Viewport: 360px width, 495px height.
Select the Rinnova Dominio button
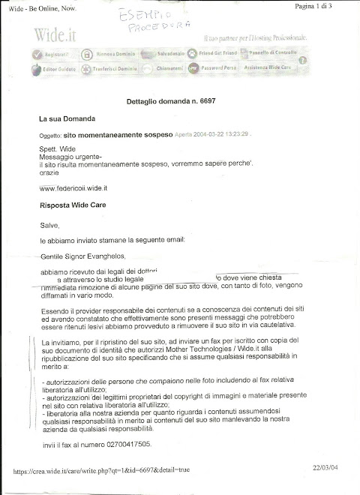[111, 54]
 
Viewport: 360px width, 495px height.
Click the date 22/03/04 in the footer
[327, 467]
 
